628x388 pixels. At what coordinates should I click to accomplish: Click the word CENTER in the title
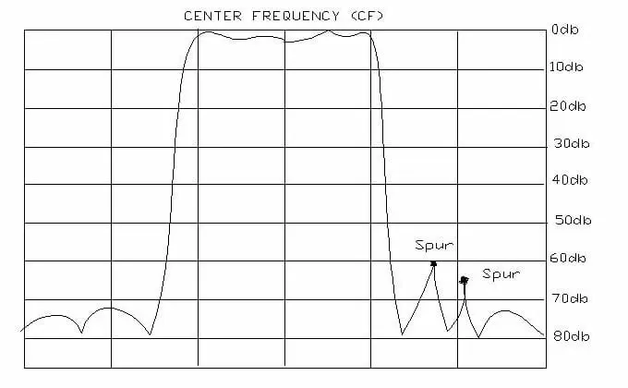click(x=212, y=16)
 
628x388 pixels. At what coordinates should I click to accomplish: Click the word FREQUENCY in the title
click(x=296, y=16)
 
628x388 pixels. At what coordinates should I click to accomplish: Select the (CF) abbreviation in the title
click(x=367, y=16)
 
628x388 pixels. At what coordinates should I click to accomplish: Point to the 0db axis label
click(x=564, y=30)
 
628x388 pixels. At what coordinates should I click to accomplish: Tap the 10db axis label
click(x=566, y=67)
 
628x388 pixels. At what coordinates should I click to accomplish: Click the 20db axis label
click(x=568, y=106)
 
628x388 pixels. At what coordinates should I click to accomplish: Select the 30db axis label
click(x=572, y=143)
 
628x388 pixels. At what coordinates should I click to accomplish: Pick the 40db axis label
click(x=570, y=180)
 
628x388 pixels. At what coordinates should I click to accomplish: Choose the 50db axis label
click(x=574, y=220)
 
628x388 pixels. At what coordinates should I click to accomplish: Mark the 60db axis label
click(x=568, y=258)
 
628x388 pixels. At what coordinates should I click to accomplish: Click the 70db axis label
click(x=569, y=298)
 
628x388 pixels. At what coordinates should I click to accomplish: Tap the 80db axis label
click(x=572, y=336)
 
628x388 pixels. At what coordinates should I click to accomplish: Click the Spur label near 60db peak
click(x=434, y=245)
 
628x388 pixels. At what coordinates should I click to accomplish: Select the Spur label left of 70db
click(x=501, y=273)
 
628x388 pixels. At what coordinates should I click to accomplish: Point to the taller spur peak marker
click(x=433, y=263)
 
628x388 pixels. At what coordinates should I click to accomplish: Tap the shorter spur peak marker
click(x=464, y=280)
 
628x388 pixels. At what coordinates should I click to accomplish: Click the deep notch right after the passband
click(x=402, y=333)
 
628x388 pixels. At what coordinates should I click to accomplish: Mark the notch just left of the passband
click(x=150, y=333)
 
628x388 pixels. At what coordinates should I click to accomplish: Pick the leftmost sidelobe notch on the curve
click(x=81, y=333)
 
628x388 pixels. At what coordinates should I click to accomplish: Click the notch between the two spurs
click(x=448, y=331)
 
